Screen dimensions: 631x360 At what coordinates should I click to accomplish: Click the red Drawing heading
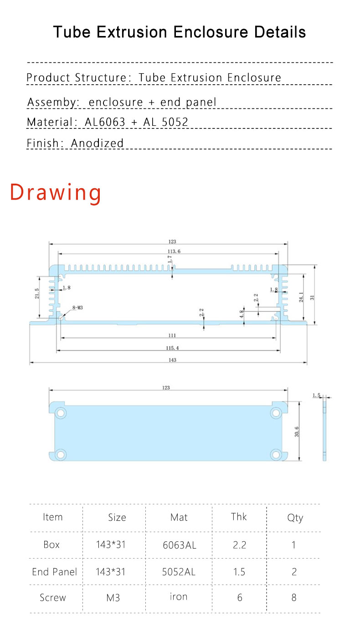[x=56, y=192]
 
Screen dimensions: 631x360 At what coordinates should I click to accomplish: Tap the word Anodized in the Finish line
[x=97, y=143]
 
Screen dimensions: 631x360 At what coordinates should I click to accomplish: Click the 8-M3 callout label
[x=77, y=308]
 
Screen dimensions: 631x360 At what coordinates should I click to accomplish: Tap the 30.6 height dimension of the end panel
[x=297, y=431]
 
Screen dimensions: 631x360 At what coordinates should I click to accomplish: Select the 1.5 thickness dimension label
[x=317, y=395]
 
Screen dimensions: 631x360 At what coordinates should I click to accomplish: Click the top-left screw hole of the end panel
[x=61, y=413]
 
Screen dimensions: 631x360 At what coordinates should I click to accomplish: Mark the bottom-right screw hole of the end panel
[x=275, y=454]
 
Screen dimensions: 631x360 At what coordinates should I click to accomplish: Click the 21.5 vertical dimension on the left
[x=37, y=294]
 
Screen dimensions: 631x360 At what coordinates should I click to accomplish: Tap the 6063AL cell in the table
[x=180, y=545]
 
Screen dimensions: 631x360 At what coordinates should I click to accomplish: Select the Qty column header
[x=295, y=518]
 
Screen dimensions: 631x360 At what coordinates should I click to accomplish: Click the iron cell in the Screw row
[x=179, y=597]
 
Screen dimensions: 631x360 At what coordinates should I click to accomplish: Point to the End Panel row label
[x=54, y=572]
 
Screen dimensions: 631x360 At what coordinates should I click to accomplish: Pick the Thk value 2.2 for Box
[x=239, y=545]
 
